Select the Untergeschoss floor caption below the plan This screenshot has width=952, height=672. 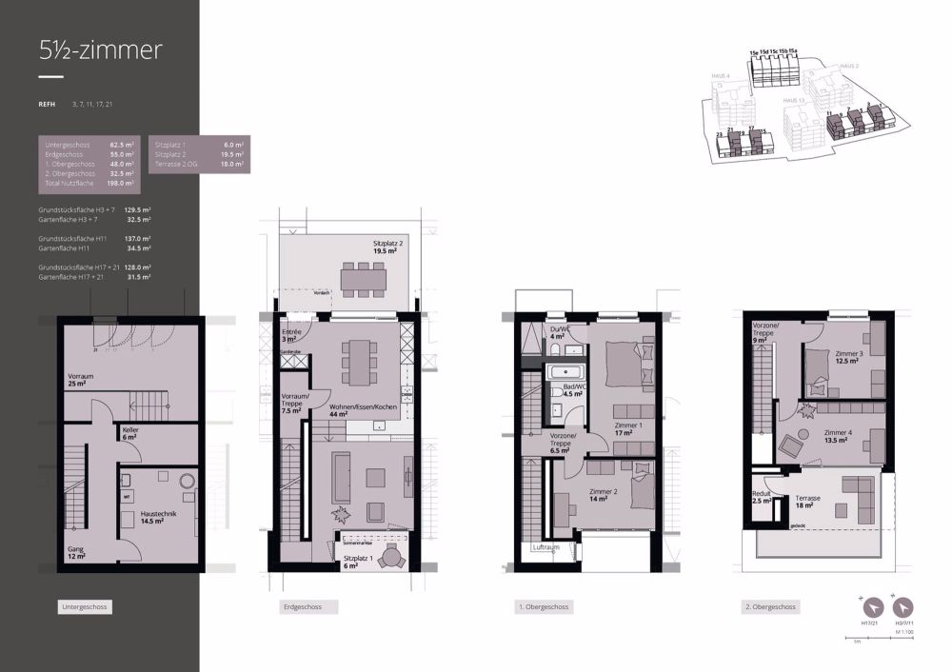pyautogui.click(x=85, y=606)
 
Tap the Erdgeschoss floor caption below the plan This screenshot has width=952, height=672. pyautogui.click(x=302, y=606)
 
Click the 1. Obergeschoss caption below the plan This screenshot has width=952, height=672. pyautogui.click(x=545, y=606)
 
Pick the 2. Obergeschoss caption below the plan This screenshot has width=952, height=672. pyautogui.click(x=772, y=606)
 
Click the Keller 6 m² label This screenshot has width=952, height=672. pyautogui.click(x=131, y=434)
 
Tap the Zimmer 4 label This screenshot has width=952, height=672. pyautogui.click(x=839, y=437)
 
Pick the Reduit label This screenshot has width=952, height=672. pyautogui.click(x=762, y=497)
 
